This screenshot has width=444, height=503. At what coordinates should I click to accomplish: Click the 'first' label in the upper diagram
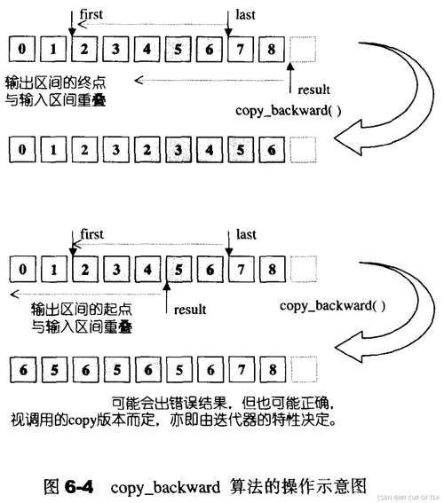click(x=92, y=14)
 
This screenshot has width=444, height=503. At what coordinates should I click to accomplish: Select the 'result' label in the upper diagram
click(x=313, y=90)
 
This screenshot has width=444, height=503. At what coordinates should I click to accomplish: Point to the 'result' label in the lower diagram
click(x=189, y=310)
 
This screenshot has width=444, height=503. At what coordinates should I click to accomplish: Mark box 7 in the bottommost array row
click(x=241, y=368)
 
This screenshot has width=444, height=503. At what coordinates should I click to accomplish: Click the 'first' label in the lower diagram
click(x=92, y=234)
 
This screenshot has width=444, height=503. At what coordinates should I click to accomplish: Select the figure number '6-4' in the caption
click(x=82, y=487)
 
